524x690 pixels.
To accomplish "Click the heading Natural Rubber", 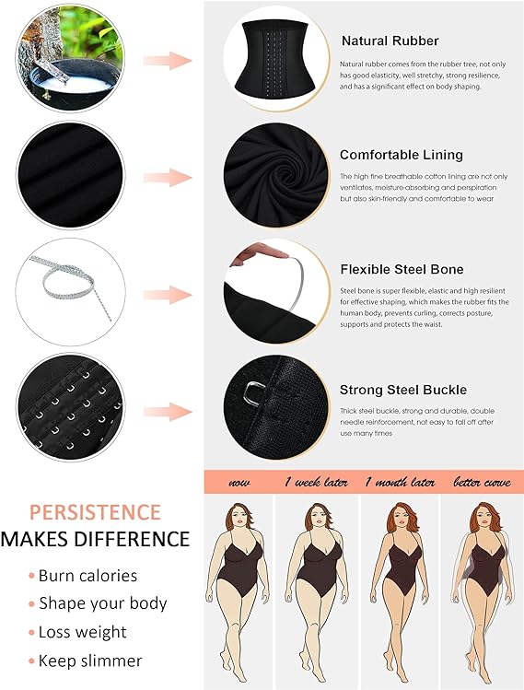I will point(390,41).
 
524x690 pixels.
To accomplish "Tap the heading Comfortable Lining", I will point(401,155).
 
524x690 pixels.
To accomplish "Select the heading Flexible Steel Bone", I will point(402,269).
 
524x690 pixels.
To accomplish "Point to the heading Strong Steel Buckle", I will point(402,390).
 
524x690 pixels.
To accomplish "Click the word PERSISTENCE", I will point(95,512).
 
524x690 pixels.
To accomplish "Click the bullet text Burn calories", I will point(87,576).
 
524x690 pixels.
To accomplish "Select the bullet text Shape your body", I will point(102,604).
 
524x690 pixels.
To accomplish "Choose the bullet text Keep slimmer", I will point(90,661).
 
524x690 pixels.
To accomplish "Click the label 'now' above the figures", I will point(239,482).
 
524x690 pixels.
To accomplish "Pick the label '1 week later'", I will point(316,482).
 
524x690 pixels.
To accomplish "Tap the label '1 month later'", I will point(400,482).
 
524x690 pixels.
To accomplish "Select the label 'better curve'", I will point(483,482).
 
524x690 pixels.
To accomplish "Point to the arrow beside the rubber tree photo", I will point(168,61).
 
